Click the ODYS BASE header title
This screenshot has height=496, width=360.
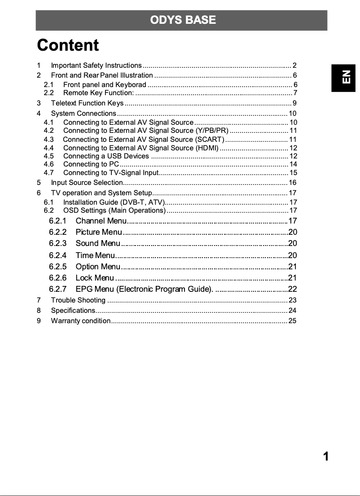coord(183,20)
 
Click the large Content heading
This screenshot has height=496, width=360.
coord(68,45)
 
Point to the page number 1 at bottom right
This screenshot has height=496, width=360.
coord(326,456)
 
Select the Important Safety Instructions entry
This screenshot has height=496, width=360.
coord(97,66)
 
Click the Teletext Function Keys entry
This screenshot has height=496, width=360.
coord(88,103)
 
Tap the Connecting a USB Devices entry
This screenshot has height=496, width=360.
coord(106,156)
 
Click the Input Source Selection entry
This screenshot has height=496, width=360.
coord(87,183)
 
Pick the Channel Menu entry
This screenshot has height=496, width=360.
coord(101,221)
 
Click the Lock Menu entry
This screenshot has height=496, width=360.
coord(95,278)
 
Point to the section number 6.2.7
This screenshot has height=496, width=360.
coord(58,289)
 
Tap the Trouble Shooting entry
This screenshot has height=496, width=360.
coord(79,300)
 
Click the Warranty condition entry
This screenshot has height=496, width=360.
coord(81,321)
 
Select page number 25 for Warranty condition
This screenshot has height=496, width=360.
coord(293,321)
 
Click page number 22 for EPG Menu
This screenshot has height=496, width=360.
coord(293,289)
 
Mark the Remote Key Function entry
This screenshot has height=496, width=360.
coord(98,93)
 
